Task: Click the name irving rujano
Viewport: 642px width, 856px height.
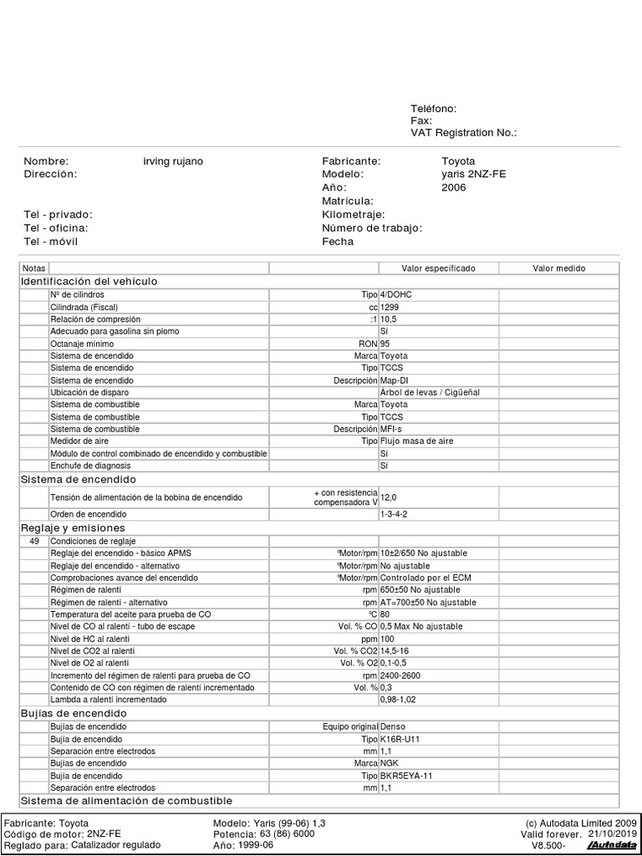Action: (173, 161)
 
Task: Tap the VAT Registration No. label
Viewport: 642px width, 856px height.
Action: (464, 133)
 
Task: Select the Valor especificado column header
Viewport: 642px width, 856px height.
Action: (438, 268)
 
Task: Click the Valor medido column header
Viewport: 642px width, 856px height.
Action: (559, 268)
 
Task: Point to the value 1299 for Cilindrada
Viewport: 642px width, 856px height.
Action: (390, 308)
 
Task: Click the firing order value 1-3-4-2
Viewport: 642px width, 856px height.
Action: (394, 514)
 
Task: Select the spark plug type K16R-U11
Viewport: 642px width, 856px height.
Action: (402, 740)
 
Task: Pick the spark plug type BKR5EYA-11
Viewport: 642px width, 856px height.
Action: (406, 776)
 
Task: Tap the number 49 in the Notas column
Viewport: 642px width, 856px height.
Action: (34, 541)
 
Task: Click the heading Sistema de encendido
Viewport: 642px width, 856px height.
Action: (78, 480)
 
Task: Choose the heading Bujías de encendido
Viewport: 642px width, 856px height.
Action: (74, 714)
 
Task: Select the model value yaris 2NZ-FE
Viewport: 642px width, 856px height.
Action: (473, 175)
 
